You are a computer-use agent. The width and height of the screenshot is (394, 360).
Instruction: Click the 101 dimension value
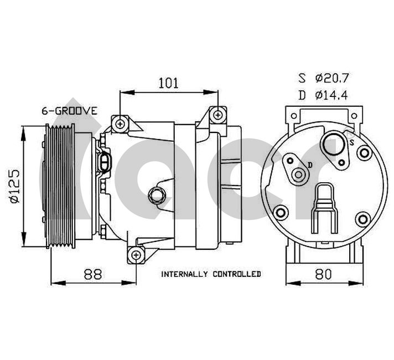point(168,83)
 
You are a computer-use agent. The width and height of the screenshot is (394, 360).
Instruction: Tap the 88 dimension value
point(94,274)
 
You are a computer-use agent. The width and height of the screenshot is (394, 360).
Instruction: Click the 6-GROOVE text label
point(70,111)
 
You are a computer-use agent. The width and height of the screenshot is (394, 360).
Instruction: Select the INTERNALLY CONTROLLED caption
point(211,274)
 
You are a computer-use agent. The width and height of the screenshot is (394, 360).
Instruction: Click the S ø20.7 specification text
point(323,78)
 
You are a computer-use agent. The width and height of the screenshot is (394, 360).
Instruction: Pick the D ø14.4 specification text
point(323,95)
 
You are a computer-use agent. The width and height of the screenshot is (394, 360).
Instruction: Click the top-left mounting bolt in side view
point(120,122)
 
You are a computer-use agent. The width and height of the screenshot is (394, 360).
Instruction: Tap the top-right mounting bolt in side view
point(219,115)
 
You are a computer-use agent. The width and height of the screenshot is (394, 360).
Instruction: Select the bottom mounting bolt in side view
point(136,255)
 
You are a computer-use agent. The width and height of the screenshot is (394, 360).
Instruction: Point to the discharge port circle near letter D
point(299,175)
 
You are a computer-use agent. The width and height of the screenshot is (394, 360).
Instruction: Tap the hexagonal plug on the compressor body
point(155,194)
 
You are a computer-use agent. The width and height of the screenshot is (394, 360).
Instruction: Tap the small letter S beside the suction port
point(352,142)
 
